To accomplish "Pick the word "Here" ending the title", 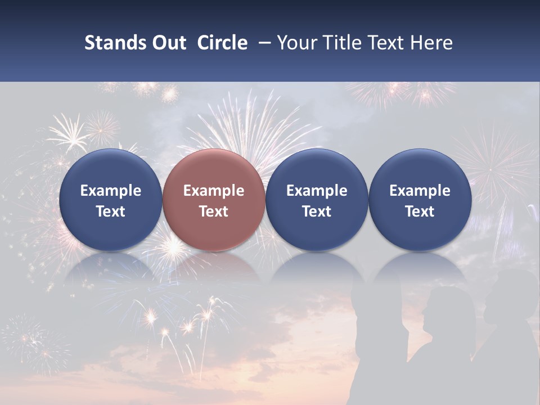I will coord(431,43).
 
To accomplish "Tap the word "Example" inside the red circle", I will coord(213,191).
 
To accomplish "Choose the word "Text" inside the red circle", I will coord(213,211).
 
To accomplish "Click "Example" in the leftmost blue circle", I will coord(110,191).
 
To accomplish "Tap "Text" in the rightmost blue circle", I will coord(420,211).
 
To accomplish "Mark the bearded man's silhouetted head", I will coord(509,295).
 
